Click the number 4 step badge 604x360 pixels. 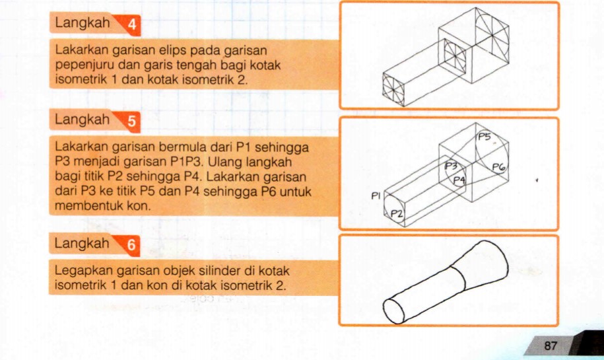point(132,26)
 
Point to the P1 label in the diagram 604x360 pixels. point(376,196)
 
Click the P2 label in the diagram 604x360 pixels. point(397,213)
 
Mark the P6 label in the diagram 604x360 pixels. point(499,168)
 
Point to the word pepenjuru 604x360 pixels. point(83,65)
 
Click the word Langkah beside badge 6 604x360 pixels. point(82,244)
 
